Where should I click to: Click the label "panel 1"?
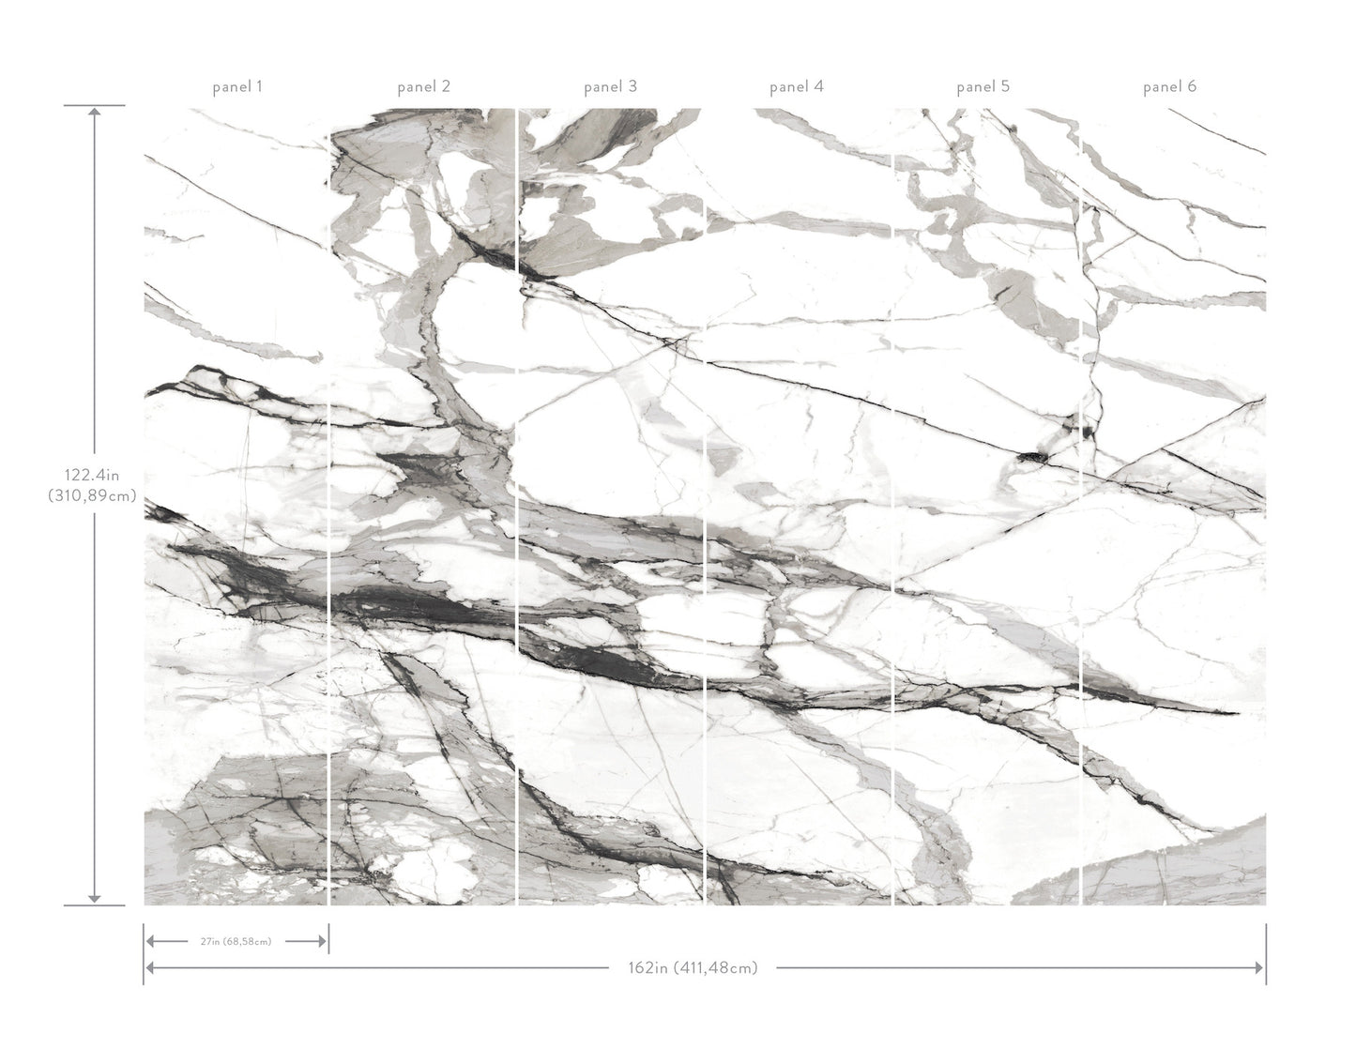point(236,87)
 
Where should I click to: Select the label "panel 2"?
point(423,87)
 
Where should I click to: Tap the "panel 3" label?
point(610,87)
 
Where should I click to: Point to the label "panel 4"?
point(796,87)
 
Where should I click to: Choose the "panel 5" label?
point(983,87)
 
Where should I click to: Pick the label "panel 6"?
point(1169,87)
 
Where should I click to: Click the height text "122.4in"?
point(93,477)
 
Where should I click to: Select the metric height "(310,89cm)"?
point(93,495)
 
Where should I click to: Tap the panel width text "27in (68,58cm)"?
point(236,941)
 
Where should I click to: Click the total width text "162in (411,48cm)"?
point(693,967)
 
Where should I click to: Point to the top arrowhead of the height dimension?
point(94,113)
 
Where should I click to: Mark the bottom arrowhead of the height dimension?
point(94,898)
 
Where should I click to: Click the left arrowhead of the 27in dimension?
point(150,941)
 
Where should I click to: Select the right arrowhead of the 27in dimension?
point(322,941)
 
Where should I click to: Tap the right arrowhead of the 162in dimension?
point(1259,967)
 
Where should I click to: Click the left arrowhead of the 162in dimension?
point(150,967)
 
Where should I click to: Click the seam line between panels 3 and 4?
point(705,507)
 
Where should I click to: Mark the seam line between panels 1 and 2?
point(329,507)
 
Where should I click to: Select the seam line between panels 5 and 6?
point(1081,507)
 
